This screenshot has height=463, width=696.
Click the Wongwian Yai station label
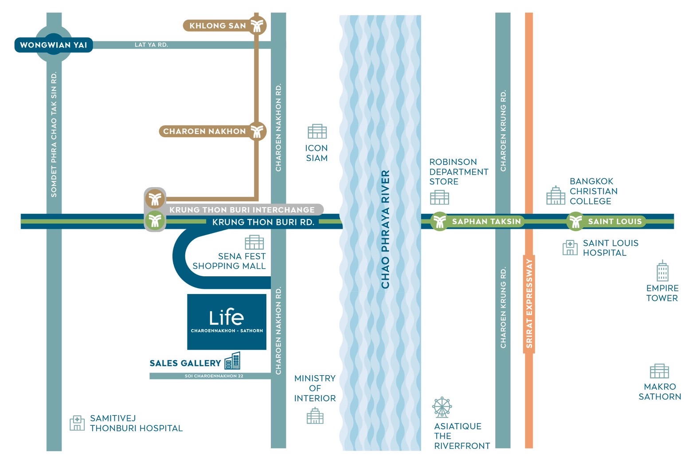(54, 45)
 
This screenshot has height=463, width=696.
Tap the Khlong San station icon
(257, 25)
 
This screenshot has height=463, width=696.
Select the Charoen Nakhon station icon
(257, 131)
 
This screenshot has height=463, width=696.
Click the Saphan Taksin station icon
(439, 221)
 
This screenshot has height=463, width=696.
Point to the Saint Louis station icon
(575, 221)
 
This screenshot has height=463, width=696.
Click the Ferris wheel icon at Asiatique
(442, 407)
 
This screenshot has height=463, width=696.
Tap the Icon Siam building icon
(317, 131)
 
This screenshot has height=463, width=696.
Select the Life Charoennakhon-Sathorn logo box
(227, 322)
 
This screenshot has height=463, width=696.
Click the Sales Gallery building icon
(232, 361)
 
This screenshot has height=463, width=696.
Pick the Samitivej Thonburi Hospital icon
(77, 423)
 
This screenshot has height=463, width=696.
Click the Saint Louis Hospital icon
(570, 247)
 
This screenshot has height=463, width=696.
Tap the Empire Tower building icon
(662, 271)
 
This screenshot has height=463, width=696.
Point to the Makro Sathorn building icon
(659, 371)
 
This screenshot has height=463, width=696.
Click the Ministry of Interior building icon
(315, 416)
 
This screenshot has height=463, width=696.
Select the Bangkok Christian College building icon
(555, 196)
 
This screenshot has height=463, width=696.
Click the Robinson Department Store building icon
(439, 197)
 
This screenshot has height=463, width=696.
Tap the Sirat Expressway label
(529, 304)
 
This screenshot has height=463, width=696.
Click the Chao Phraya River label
(385, 229)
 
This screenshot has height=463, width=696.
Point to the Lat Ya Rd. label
(151, 45)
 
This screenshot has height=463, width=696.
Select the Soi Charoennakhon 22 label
(214, 376)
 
